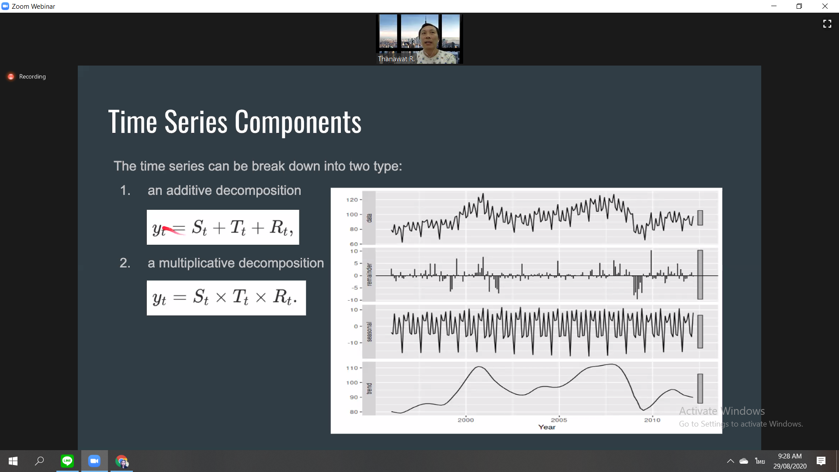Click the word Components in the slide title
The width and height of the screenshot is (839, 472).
(x=298, y=122)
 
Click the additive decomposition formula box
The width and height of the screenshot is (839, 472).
(x=223, y=227)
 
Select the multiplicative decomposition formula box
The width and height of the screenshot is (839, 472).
(x=226, y=298)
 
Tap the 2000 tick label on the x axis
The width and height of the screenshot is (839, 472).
(x=466, y=420)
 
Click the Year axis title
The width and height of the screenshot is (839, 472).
(x=547, y=427)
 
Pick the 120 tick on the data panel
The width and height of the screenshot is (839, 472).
(x=352, y=200)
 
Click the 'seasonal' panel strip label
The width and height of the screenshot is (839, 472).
(x=369, y=332)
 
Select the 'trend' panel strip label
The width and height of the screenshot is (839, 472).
(x=369, y=389)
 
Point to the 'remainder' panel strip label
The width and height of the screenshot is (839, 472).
(x=369, y=274)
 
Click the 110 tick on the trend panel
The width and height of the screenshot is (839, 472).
(x=352, y=368)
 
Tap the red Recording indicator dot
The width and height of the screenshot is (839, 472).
(x=11, y=76)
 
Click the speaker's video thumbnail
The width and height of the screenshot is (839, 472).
(x=419, y=39)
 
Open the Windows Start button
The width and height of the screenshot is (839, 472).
(x=13, y=461)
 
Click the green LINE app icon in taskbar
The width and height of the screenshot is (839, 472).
(x=67, y=461)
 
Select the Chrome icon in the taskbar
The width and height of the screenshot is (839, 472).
(x=121, y=461)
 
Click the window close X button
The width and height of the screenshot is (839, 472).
(x=825, y=6)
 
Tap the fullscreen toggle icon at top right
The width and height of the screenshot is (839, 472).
(x=827, y=24)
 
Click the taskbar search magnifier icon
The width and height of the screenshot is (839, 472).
(x=40, y=461)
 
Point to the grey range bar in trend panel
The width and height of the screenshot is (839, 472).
(x=700, y=389)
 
